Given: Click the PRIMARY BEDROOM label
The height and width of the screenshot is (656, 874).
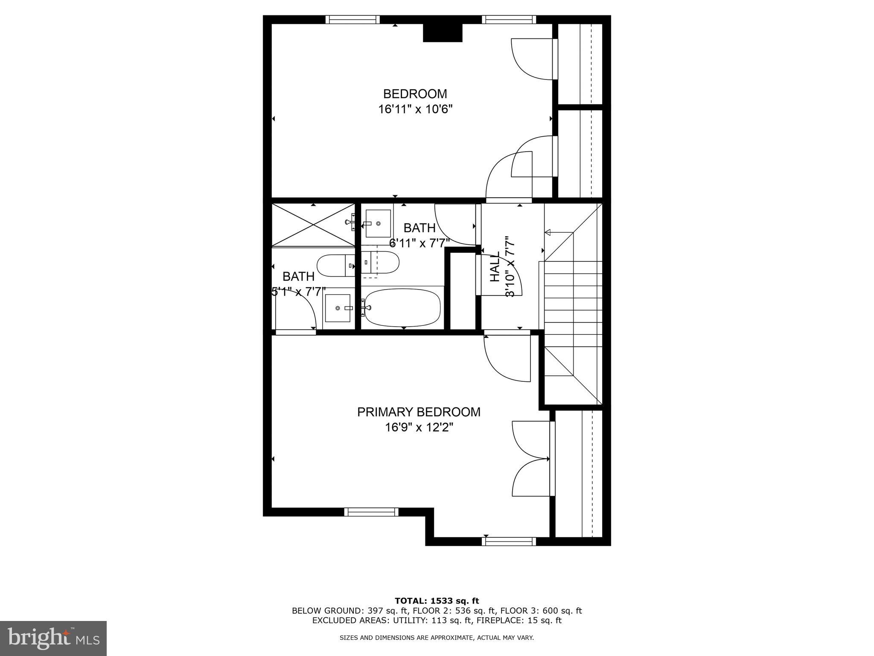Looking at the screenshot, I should (419, 412).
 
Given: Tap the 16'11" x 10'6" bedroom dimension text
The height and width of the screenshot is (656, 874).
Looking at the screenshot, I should (415, 109).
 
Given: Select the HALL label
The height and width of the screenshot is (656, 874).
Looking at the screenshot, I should (495, 272).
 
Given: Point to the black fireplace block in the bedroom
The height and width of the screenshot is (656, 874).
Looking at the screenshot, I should (443, 33).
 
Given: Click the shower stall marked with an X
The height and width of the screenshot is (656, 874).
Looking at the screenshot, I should (314, 225).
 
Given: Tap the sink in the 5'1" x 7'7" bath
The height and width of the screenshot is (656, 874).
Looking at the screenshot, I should (338, 308).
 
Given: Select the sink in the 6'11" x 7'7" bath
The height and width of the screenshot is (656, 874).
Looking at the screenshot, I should (378, 223).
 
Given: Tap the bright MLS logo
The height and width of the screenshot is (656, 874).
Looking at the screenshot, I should (53, 638).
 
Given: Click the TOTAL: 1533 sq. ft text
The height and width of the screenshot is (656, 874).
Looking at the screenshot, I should (437, 601).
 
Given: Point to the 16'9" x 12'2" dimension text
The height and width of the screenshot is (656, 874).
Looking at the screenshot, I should (419, 428).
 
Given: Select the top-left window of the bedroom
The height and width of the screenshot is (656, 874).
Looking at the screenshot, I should (353, 19).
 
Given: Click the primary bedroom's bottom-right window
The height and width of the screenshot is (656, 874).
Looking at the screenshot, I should (509, 542).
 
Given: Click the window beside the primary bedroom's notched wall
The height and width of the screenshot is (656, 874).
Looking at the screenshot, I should (371, 512).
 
